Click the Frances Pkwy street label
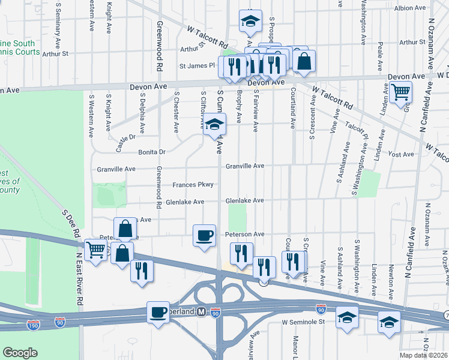point(193,184)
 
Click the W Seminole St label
point(303,322)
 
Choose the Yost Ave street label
point(402,154)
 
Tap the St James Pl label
point(197,65)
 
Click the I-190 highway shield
point(34,325)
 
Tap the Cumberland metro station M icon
point(202,312)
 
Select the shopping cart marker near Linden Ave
point(400,93)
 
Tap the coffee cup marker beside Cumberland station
point(158,313)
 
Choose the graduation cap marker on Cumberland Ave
point(213,126)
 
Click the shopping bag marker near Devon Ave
point(304,62)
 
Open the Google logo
point(20,353)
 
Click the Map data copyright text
point(422,355)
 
